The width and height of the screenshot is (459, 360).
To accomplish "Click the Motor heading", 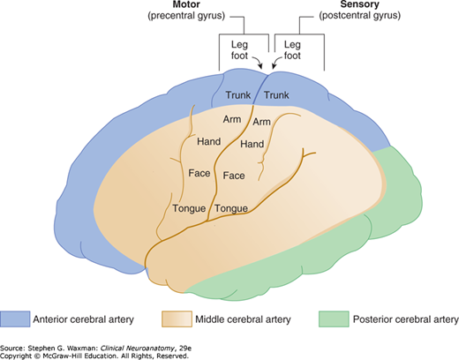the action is tap(186, 4).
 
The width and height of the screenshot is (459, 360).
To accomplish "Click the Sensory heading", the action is tap(359, 4).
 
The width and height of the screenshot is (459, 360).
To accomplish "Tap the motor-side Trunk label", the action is tap(238, 95).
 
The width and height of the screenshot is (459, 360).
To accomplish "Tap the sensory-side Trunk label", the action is tap(276, 95).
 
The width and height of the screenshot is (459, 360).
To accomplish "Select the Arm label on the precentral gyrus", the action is tap(232, 119).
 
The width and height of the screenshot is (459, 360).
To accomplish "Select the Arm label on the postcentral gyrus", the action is tap(261, 122).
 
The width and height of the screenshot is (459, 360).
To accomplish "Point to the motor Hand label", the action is tap(209, 141).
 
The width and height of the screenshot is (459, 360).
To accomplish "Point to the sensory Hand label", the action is tap(252, 144).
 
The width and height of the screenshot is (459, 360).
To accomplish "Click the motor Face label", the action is tap(199, 173).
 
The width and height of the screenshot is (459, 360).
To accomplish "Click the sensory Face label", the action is tap(234, 176).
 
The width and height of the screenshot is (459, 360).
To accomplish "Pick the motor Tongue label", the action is tap(189, 208).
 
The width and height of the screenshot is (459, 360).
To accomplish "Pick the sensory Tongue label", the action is tap(231, 208).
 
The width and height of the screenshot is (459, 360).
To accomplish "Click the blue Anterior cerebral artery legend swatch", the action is tap(15, 319).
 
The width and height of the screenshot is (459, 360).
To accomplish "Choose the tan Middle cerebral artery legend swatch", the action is tap(177, 319).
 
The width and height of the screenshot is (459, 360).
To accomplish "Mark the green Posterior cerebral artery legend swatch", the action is tap(334, 319).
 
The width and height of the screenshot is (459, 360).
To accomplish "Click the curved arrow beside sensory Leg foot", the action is tap(277, 61).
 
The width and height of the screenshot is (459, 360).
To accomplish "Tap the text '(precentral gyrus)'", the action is tap(186, 15).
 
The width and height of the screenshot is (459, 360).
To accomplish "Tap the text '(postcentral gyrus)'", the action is tap(360, 15).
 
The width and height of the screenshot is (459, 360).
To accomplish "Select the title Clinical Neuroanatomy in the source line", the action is tap(137, 349).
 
